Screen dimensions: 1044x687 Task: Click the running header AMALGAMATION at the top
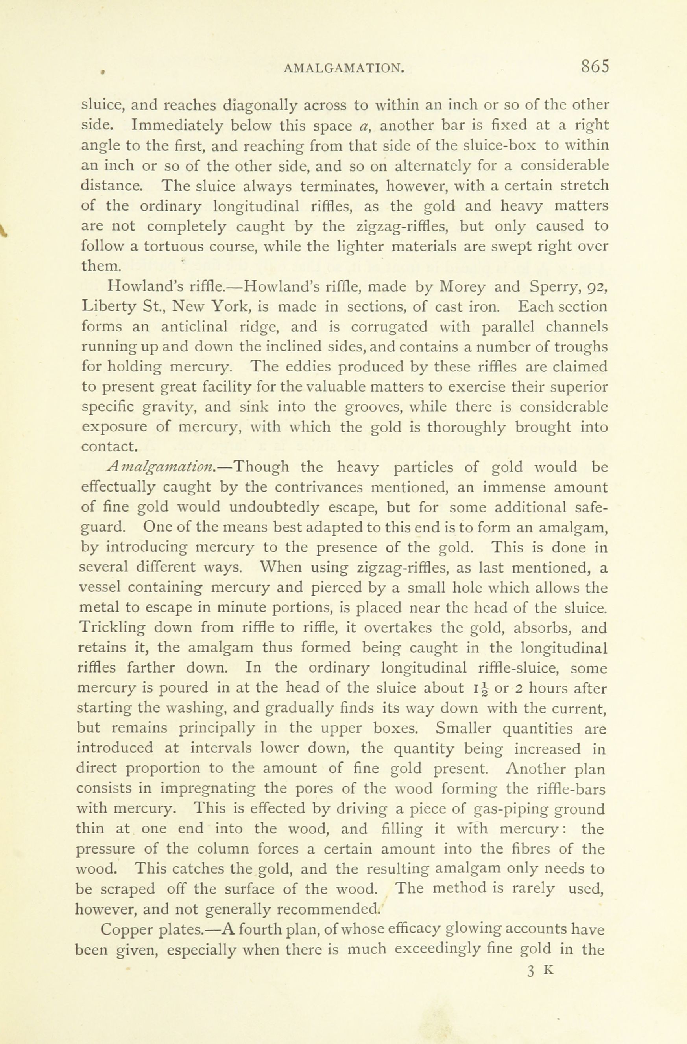coord(343,68)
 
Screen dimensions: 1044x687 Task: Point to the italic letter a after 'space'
coord(363,126)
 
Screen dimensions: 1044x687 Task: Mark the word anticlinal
coord(194,327)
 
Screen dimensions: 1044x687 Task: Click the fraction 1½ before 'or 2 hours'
coord(480,689)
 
